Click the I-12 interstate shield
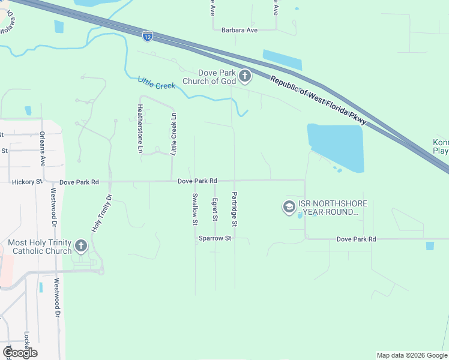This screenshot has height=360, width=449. point(148,36)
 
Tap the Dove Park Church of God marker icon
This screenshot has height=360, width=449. point(245,76)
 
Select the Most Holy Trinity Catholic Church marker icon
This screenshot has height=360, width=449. point(80,245)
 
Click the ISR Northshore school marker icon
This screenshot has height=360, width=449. point(289,207)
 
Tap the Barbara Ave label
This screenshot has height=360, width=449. point(239,30)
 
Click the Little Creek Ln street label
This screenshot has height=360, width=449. point(173,134)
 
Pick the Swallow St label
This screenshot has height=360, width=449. point(194,209)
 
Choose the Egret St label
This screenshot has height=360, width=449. point(215,209)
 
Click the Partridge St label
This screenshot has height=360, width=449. point(235,209)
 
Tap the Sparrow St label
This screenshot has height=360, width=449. point(215,238)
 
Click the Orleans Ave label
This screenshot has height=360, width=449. point(43,149)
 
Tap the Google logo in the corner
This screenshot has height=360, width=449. point(19,353)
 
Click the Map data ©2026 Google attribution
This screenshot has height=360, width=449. point(411,355)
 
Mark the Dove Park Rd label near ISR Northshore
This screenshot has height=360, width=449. point(356,239)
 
